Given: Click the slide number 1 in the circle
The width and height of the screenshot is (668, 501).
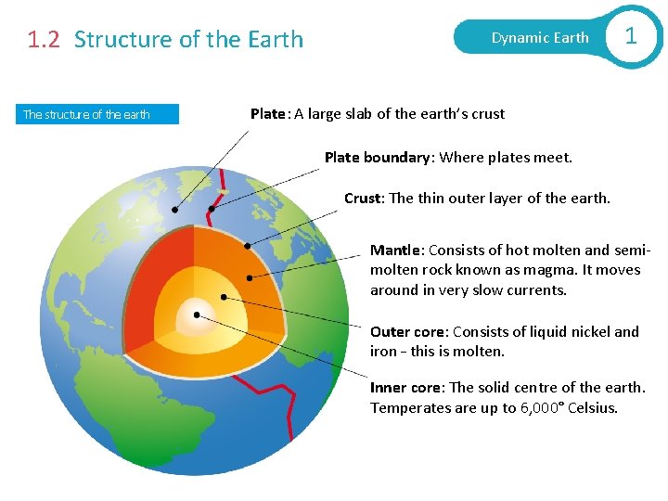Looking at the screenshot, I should pyautogui.click(x=631, y=36).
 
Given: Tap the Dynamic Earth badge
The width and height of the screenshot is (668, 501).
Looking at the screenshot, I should pyautogui.click(x=539, y=38).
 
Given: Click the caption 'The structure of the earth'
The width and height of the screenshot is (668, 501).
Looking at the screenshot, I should pyautogui.click(x=86, y=115).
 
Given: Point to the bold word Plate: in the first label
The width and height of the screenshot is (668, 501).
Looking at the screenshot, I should pyautogui.click(x=270, y=114).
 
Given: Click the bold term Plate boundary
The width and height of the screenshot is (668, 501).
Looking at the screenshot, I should pyautogui.click(x=379, y=158).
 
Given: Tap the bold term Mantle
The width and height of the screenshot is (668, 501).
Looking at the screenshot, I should pyautogui.click(x=397, y=250).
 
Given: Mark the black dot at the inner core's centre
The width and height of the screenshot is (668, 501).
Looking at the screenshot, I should pyautogui.click(x=197, y=315).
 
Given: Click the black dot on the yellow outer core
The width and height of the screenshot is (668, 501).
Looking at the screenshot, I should pyautogui.click(x=224, y=297).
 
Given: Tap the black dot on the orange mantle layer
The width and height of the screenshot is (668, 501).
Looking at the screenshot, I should pyautogui.click(x=249, y=276).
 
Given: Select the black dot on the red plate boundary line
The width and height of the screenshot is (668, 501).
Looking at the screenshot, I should pyautogui.click(x=212, y=209).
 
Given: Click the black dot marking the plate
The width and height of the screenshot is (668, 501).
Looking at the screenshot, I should pyautogui.click(x=174, y=209).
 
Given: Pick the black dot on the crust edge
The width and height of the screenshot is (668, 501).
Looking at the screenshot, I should pyautogui.click(x=247, y=246).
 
